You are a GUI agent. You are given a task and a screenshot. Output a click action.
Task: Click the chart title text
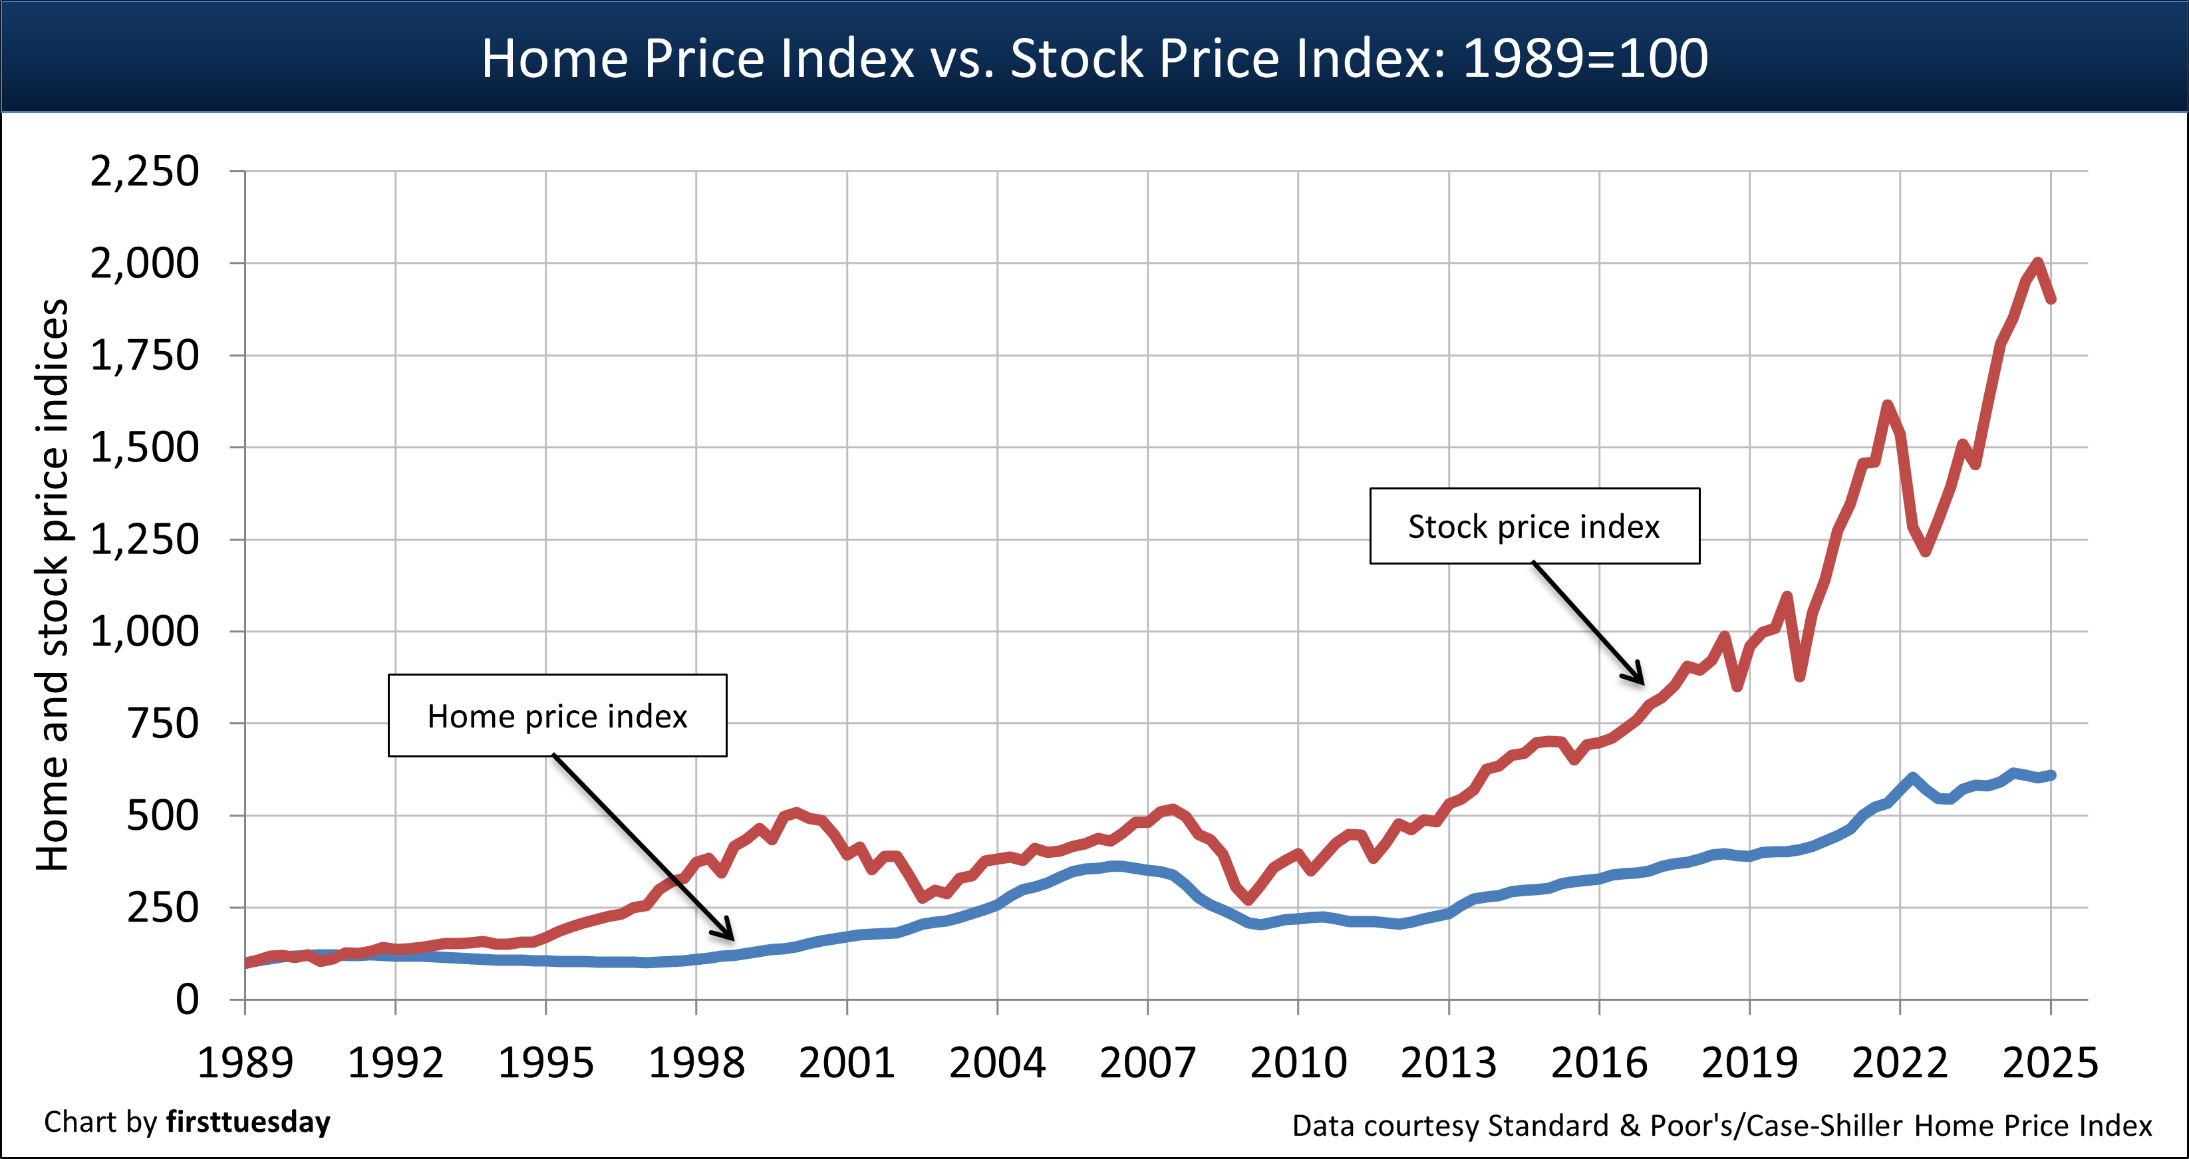point(1095,58)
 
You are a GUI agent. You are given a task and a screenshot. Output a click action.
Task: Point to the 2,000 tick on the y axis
point(144,263)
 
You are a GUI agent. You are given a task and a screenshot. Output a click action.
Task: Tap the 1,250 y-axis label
point(144,539)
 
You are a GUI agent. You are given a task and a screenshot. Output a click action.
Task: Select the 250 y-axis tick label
point(162,908)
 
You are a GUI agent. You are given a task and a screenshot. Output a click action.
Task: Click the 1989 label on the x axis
point(245,1062)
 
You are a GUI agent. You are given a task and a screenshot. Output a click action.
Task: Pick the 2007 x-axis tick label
point(1147,1062)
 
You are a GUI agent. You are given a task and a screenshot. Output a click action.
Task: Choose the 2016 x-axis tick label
point(1598,1062)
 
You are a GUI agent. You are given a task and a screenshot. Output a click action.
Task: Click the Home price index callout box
point(557,715)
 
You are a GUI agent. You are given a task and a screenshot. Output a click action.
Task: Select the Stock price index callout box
point(1534,526)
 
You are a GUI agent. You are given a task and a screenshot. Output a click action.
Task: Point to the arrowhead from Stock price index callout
point(1638,677)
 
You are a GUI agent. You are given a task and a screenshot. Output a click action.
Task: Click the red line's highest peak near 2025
point(2037,263)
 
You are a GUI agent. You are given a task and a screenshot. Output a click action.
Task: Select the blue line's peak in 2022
point(1912,777)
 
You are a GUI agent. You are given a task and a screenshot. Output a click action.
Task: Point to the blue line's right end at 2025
point(2051,775)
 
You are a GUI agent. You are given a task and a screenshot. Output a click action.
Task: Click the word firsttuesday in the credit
point(248,1122)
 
